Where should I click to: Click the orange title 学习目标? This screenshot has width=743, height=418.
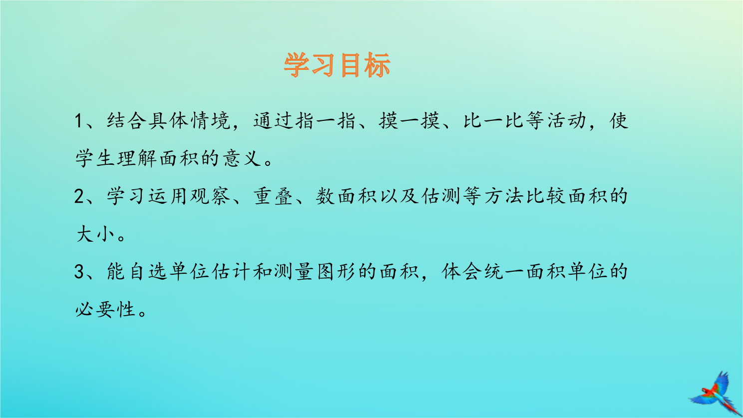point(337,65)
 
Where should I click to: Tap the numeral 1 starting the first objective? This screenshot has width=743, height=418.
point(78,121)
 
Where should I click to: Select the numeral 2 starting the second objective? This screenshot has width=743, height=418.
point(79,196)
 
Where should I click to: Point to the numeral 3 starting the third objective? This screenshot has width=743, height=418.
point(79,272)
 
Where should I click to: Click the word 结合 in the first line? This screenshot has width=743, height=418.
point(126,120)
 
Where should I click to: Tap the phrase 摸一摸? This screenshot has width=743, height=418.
point(409,120)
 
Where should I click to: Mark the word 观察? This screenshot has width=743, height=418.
point(210,196)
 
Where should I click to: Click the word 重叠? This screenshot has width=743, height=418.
point(273,196)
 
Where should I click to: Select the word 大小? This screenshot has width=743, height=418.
point(95,234)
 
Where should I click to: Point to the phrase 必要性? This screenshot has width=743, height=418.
point(105,310)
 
